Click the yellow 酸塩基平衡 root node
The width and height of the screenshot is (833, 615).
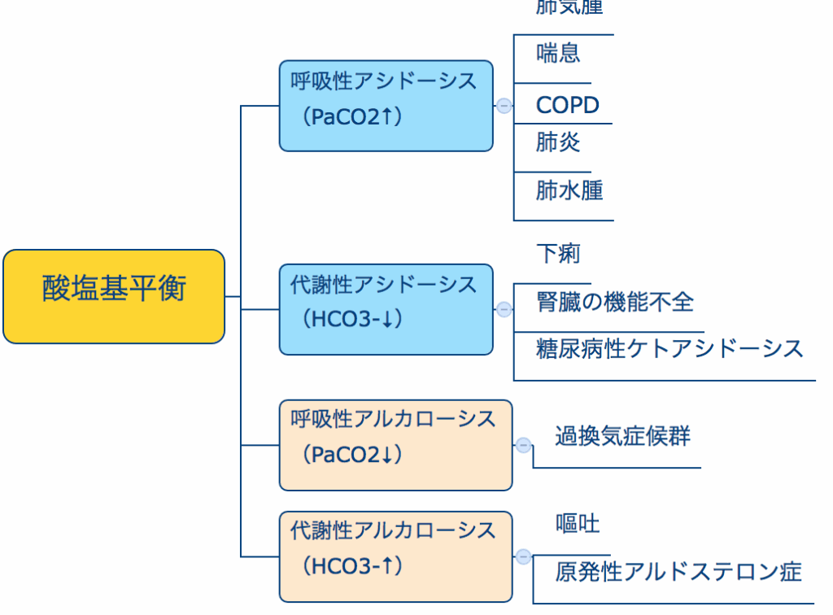pyautogui.click(x=114, y=296)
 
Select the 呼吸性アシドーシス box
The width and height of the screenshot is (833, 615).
pyautogui.click(x=386, y=105)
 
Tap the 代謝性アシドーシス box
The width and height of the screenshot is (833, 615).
pyautogui.click(x=386, y=309)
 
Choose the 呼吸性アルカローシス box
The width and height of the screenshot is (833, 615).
pyautogui.click(x=395, y=445)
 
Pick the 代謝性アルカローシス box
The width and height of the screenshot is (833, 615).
pyautogui.click(x=395, y=556)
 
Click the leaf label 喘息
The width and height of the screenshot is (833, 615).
pyautogui.click(x=558, y=54)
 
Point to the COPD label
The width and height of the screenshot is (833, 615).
pyautogui.click(x=567, y=105)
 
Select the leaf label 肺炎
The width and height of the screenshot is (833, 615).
pyautogui.click(x=558, y=142)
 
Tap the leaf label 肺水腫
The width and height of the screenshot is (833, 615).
pyautogui.click(x=569, y=190)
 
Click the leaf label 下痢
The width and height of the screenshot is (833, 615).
pyautogui.click(x=558, y=253)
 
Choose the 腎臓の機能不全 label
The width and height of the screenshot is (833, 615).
pyautogui.click(x=615, y=302)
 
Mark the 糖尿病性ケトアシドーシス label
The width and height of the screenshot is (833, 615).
pyautogui.click(x=669, y=349)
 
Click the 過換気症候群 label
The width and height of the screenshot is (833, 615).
pyautogui.click(x=622, y=436)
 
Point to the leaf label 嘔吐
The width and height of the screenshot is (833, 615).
pyautogui.click(x=578, y=523)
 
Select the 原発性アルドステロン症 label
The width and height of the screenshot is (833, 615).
pyautogui.click(x=678, y=571)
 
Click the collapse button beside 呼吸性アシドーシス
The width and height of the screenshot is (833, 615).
pyautogui.click(x=504, y=106)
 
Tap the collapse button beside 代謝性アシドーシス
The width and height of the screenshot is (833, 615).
pyautogui.click(x=504, y=309)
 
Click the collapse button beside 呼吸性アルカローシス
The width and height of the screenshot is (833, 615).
pyautogui.click(x=524, y=445)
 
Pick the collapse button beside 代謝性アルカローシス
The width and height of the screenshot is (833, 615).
pyautogui.click(x=524, y=556)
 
